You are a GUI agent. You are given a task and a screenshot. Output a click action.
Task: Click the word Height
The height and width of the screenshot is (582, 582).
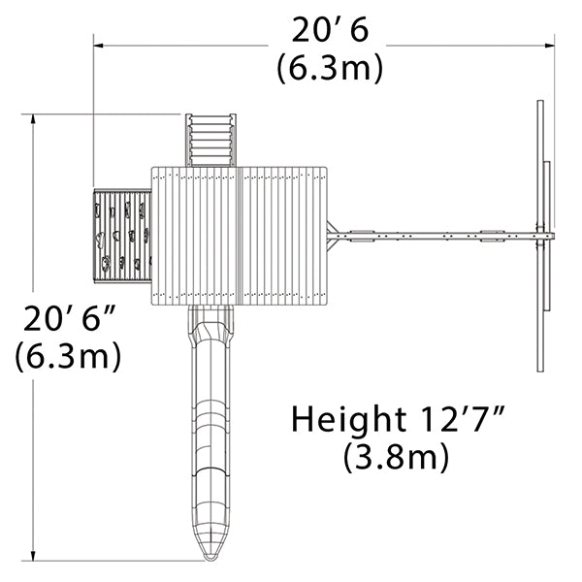point(348,421)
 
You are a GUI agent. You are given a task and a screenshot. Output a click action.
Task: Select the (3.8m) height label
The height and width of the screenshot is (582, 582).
point(396,457)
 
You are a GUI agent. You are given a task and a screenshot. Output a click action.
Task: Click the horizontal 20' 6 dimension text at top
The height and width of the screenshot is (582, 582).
point(330,30)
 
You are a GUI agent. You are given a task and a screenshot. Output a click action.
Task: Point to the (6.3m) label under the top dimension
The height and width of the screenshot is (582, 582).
point(330,68)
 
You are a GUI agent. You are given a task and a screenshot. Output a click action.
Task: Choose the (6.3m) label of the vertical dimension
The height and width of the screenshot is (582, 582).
point(68,356)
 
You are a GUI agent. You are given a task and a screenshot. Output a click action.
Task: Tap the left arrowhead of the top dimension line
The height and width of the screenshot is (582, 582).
point(98,46)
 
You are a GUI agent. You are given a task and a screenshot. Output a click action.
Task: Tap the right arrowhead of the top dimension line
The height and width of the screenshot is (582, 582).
point(550,46)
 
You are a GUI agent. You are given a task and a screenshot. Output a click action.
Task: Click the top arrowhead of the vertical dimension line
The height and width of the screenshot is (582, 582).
point(33,119)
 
